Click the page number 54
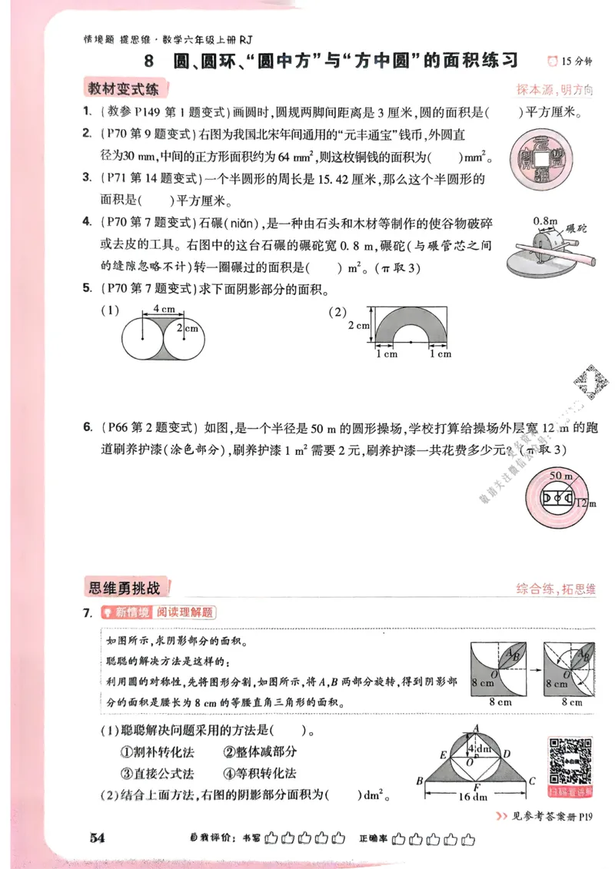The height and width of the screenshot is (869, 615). [x=96, y=837]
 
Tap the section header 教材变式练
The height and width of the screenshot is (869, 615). [x=123, y=89]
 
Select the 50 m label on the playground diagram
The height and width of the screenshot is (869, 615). [x=551, y=476]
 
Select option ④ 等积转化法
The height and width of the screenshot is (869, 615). [x=260, y=773]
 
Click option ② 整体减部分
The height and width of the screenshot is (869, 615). [x=260, y=753]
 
